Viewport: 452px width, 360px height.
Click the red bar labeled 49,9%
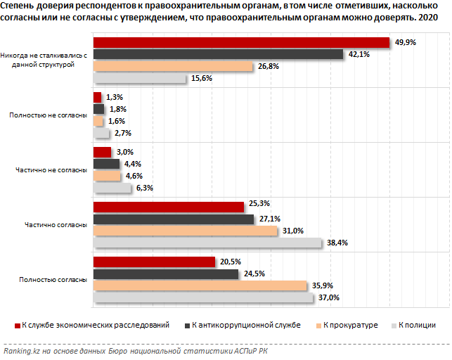[x=241, y=42]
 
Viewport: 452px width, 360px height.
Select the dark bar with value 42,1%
[x=218, y=54]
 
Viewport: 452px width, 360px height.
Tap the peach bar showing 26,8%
[x=173, y=66]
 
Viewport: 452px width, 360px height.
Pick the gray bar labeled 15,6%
[x=140, y=78]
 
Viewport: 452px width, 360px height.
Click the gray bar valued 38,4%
[x=207, y=243]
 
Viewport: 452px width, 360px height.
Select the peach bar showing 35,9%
[x=200, y=285]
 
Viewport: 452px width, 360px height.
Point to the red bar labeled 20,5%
[x=154, y=262]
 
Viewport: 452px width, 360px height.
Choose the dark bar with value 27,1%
[x=173, y=219]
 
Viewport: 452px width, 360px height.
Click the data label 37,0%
[x=329, y=298]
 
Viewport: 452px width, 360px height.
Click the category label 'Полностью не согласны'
[x=48, y=115]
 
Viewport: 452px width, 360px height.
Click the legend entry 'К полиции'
[x=418, y=325]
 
